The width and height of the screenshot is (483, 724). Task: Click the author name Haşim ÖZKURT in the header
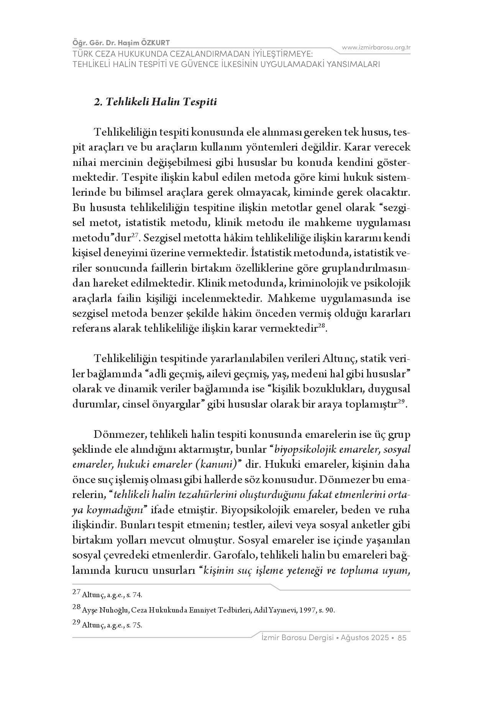149,43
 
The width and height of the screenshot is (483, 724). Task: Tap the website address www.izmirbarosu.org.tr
376,48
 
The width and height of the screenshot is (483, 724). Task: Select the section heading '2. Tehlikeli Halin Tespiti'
156,103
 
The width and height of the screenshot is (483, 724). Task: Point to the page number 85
402,638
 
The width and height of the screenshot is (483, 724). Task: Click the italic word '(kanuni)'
219,465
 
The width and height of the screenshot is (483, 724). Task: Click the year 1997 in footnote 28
308,610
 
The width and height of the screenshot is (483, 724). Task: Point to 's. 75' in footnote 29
134,625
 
